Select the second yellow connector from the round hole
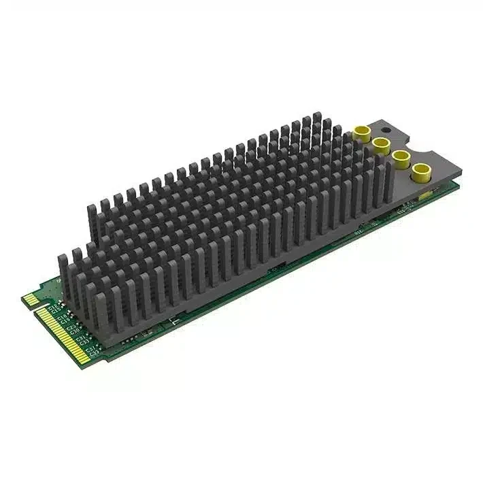(x=381, y=144)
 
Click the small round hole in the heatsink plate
(x=385, y=128)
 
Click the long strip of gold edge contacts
(x=66, y=333)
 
